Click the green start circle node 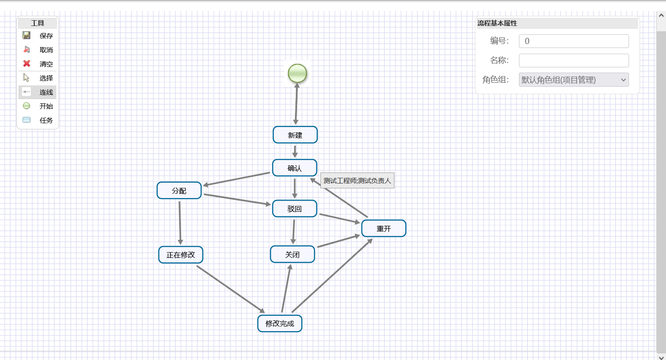click(298, 73)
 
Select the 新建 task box click(295, 135)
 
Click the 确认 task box click(294, 168)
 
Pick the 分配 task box click(179, 191)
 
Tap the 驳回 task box click(294, 209)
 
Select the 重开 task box click(383, 228)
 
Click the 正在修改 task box click(180, 255)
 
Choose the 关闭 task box click(292, 254)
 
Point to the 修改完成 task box click(280, 323)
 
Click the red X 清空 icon click(27, 64)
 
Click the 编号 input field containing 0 click(574, 41)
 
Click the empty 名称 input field click(574, 60)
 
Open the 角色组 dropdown click(574, 80)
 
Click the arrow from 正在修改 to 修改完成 click(230, 289)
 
